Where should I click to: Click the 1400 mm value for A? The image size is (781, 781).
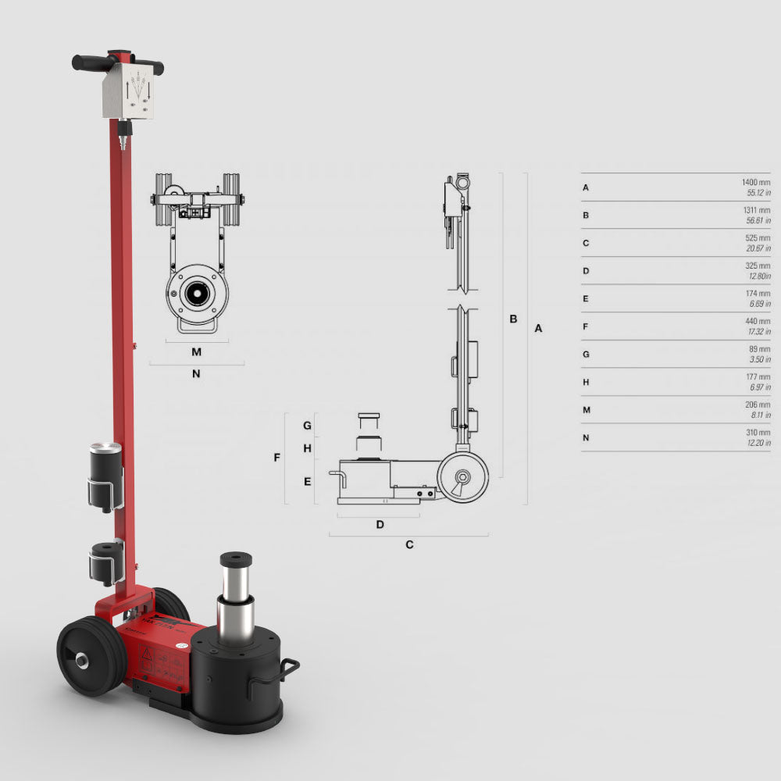point(755,182)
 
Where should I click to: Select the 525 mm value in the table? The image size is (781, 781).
point(758,237)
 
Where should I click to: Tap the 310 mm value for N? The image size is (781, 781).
point(758,433)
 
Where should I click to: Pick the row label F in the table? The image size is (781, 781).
point(586,326)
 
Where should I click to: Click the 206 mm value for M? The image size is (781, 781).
point(758,405)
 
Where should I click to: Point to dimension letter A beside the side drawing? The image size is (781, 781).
point(537,329)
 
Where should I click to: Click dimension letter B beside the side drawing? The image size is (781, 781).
point(513,319)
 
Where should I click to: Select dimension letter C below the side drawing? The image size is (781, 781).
point(408,544)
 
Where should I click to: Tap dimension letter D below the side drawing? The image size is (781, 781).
point(380,524)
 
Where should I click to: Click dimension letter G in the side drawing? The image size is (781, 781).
point(308,426)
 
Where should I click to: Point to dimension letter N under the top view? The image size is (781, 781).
point(196,373)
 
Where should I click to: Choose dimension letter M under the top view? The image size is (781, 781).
point(196,352)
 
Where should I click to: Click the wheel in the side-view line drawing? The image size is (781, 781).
point(462,475)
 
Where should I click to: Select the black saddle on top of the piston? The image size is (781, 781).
point(236,560)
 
